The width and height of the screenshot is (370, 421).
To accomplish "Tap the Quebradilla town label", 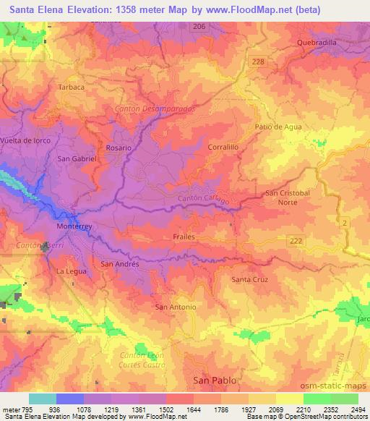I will (x=317, y=43).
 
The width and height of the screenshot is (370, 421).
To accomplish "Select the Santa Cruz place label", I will (x=249, y=278).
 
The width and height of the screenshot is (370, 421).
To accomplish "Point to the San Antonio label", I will (x=176, y=307).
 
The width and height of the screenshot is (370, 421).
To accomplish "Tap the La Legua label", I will (x=70, y=271).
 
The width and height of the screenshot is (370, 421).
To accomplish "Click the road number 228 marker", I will (x=259, y=63).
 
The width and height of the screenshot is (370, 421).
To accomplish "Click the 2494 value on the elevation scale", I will (x=357, y=409).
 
